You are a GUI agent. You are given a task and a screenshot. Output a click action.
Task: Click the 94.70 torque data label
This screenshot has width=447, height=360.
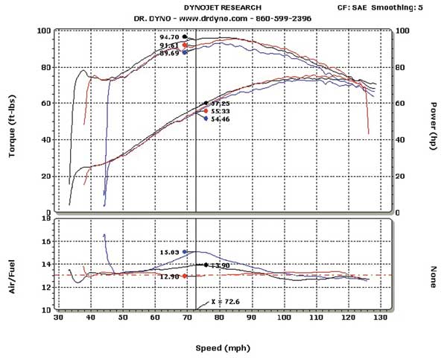pyautogui.click(x=170, y=37)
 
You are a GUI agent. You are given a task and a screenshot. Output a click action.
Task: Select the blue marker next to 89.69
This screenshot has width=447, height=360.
pyautogui.click(x=185, y=52)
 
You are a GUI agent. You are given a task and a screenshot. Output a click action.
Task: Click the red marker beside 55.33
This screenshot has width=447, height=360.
pyautogui.click(x=206, y=111)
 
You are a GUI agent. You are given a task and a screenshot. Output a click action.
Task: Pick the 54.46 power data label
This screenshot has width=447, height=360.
pyautogui.click(x=221, y=119)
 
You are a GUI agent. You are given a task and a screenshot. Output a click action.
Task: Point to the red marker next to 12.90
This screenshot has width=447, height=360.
pyautogui.click(x=185, y=276)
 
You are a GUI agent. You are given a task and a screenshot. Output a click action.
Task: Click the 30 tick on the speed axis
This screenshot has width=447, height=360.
pyautogui.click(x=57, y=318)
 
